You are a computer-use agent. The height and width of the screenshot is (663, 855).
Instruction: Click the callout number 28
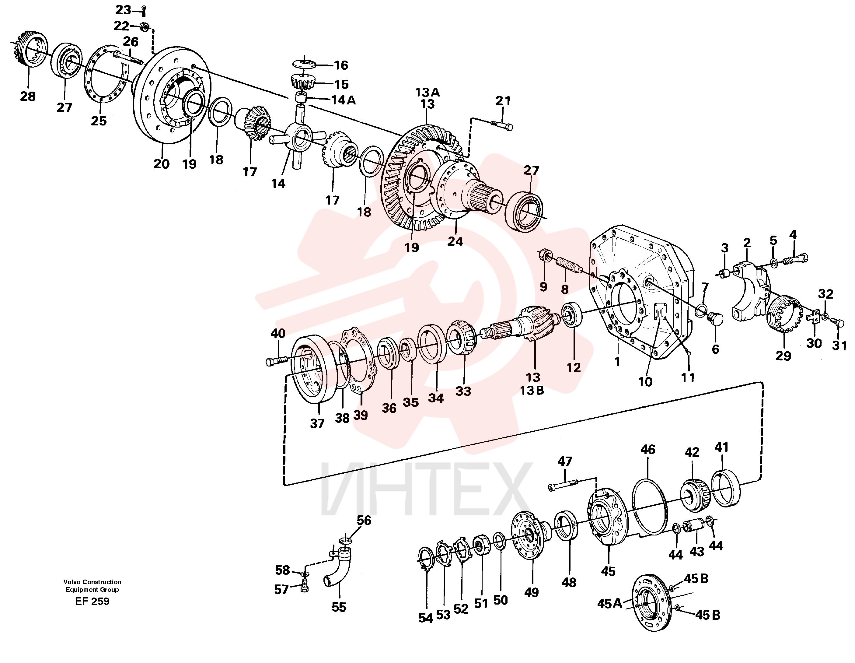(x=28, y=96)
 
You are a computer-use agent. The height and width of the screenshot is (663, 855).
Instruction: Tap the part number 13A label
(x=427, y=93)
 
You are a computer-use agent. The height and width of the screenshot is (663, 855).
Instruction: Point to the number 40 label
(x=278, y=334)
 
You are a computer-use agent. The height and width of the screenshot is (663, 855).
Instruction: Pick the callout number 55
(x=339, y=607)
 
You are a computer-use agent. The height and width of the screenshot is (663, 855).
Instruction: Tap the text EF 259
(x=92, y=602)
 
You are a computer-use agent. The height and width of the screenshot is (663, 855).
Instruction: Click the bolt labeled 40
(x=277, y=360)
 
